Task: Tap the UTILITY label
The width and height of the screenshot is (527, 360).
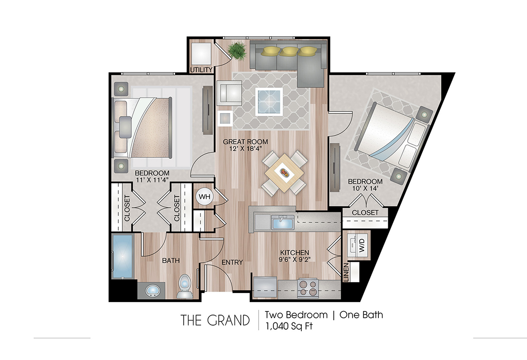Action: click(201, 70)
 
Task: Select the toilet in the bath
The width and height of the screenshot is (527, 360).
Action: click(184, 287)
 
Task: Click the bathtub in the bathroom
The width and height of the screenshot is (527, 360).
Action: click(122, 257)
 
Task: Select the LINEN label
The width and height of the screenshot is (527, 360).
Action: click(347, 272)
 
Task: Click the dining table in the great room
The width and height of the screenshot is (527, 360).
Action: click(285, 173)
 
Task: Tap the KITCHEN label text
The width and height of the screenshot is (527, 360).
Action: click(295, 253)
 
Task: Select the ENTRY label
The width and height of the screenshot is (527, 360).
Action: click(232, 262)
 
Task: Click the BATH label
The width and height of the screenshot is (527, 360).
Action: click(171, 260)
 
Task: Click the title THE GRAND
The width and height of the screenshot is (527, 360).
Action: click(215, 320)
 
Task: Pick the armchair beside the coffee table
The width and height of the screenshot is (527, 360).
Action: click(231, 93)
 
